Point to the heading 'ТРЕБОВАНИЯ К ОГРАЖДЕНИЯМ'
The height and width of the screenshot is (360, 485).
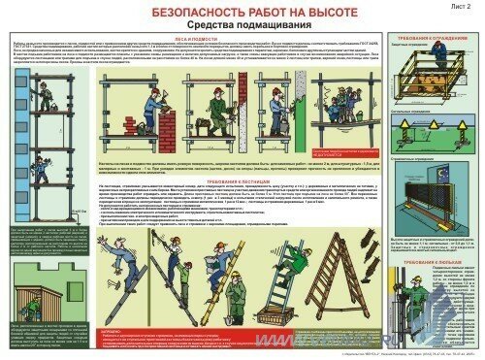pos(435,39)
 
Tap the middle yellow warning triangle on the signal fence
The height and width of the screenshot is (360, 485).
pos(424,125)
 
